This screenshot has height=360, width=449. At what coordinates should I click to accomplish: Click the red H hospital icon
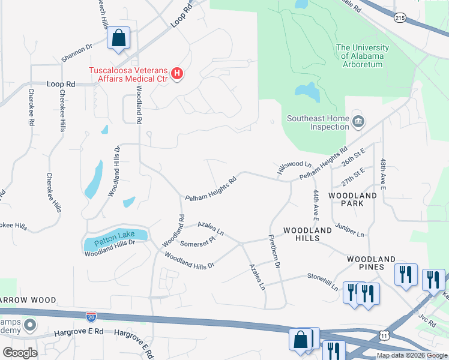[177, 74]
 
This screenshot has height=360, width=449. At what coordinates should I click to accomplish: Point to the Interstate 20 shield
[91, 314]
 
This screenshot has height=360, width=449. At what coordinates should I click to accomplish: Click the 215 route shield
[400, 19]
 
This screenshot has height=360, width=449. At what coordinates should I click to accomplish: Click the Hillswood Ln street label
[294, 164]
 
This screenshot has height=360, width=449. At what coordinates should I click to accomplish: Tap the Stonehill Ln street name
[322, 282]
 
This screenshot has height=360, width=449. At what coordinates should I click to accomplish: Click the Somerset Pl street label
[197, 242]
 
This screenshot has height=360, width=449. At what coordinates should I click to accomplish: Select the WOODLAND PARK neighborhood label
[354, 199]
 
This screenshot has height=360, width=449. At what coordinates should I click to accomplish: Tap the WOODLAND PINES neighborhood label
[371, 262]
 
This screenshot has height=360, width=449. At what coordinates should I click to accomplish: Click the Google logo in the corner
[20, 352]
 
